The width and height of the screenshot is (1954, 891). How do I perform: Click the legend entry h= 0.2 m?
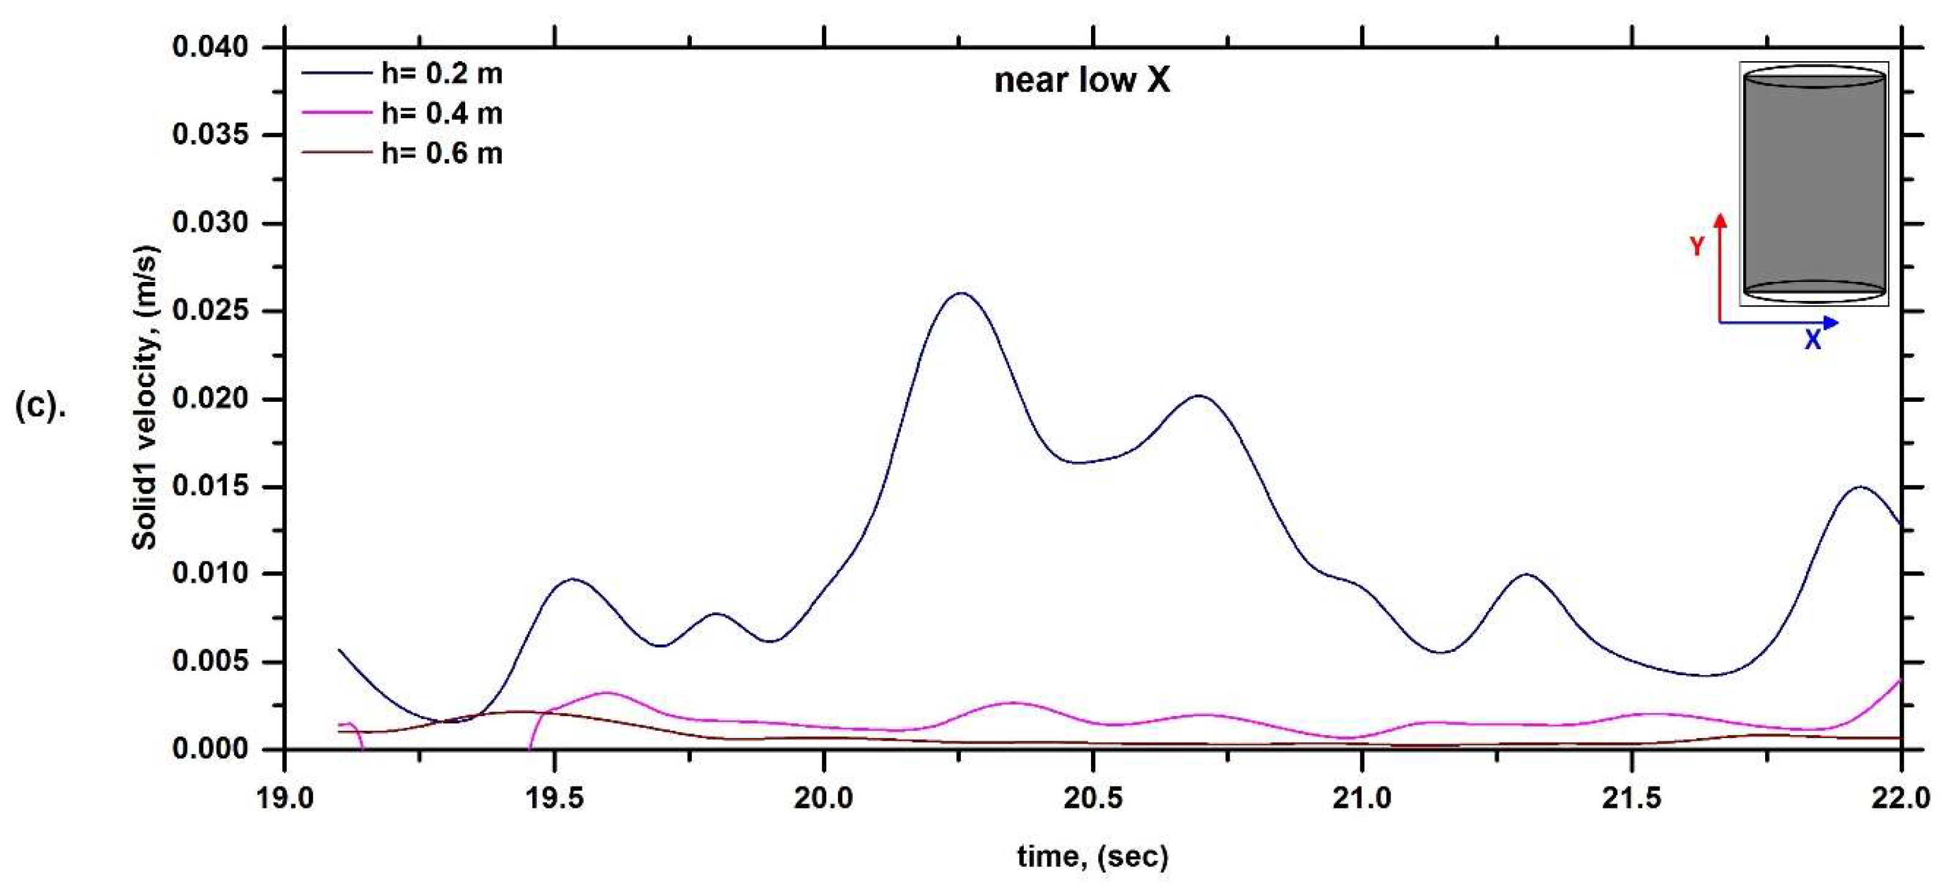[x=441, y=73]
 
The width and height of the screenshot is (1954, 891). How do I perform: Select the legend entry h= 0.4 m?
[x=441, y=114]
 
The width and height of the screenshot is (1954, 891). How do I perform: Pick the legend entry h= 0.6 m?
[x=441, y=154]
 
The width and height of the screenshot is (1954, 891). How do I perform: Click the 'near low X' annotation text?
[x=1082, y=79]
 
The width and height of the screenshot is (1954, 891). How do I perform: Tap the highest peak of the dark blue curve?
[x=961, y=293]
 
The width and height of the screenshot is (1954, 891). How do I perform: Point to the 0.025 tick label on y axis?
[x=210, y=311]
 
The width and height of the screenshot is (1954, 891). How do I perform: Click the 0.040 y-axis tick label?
[x=210, y=47]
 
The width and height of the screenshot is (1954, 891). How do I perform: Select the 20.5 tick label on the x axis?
[x=1093, y=799]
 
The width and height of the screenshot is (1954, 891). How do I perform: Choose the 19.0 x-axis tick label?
[x=285, y=799]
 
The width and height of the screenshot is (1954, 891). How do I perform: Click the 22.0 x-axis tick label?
[x=1900, y=799]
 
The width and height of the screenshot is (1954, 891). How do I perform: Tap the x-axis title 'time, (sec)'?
[x=1093, y=856]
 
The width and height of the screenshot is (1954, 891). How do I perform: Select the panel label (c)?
[x=40, y=407]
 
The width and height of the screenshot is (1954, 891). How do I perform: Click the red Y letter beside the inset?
[x=1697, y=246]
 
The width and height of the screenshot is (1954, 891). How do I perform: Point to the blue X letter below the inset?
[x=1812, y=340]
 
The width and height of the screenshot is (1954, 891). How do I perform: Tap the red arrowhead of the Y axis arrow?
[x=1721, y=221]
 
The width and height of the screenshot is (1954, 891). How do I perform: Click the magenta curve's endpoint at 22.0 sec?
[x=1900, y=681]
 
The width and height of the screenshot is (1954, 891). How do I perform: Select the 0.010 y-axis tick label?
[x=210, y=574]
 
